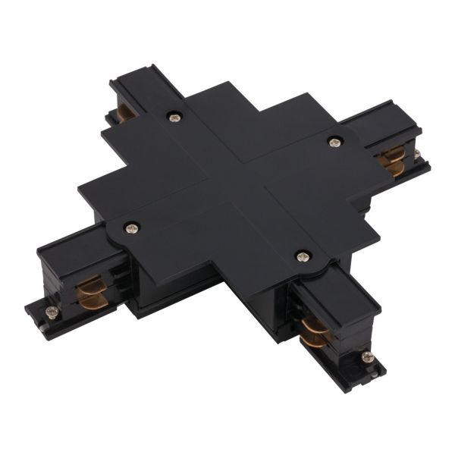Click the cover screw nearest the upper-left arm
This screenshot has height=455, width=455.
pyautogui.click(x=175, y=117)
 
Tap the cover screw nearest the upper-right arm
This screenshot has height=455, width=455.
pyautogui.click(x=333, y=141)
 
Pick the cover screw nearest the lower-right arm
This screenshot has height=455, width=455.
pyautogui.click(x=303, y=256)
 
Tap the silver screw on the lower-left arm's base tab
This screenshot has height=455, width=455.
pyautogui.click(x=52, y=311)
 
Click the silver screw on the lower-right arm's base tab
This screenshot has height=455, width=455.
pyautogui.click(x=367, y=356)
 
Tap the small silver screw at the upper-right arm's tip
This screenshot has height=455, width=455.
pyautogui.click(x=416, y=155)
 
